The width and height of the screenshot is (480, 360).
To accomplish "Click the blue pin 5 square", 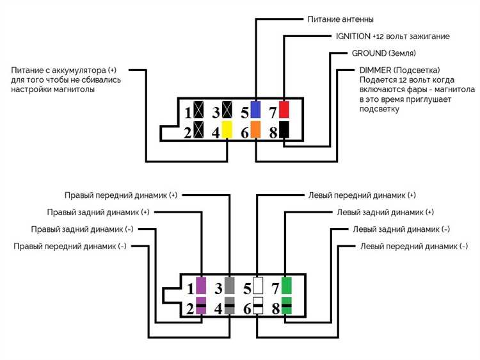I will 256,109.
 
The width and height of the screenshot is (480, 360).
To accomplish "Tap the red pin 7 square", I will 284,109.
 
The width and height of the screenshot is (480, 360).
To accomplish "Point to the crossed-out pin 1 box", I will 199,110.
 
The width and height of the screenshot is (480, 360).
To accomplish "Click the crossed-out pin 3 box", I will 227,110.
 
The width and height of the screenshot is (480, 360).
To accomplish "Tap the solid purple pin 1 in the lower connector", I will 201,284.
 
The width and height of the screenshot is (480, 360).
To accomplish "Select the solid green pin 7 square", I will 286,284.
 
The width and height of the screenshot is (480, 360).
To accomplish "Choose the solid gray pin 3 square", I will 230,284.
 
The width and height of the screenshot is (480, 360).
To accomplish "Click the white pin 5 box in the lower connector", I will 258,284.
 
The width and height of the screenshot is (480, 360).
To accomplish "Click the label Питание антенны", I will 341,20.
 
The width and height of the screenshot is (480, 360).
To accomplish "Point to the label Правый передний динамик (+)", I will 120,195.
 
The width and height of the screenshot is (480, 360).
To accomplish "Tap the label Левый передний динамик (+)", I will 362,195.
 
